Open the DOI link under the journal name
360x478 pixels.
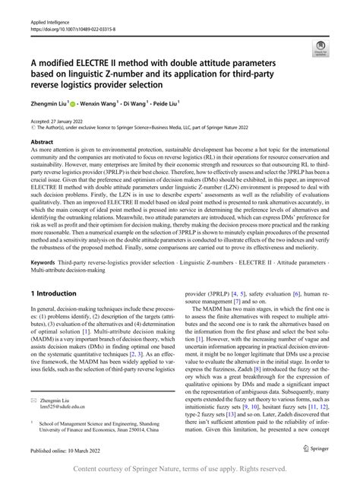[x=69, y=13]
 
